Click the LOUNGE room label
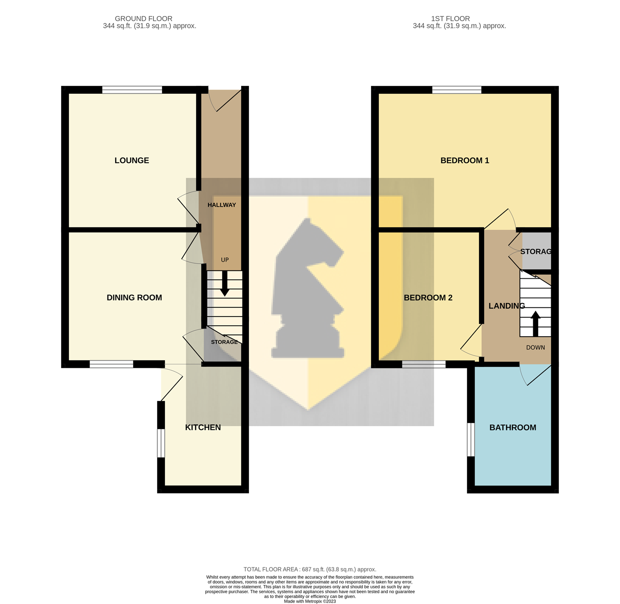coord(132,160)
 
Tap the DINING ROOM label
coord(134,298)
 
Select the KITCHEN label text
coord(203,427)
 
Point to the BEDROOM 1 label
coord(464,160)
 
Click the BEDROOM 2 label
coord(428,298)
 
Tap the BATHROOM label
coord(513,428)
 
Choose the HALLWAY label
coord(222,205)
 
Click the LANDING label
coord(507,306)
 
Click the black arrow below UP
coord(225,284)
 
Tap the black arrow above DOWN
coord(535,324)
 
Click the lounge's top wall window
coord(132,90)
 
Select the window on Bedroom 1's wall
coord(457,90)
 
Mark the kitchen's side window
coord(161,443)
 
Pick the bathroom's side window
coord(471,440)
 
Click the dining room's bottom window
coord(112,364)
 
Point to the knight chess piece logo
coord(308,289)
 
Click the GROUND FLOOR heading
coord(144,19)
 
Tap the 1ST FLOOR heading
coord(450,19)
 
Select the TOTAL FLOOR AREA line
coord(310,569)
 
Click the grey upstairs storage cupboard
coord(536,250)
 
